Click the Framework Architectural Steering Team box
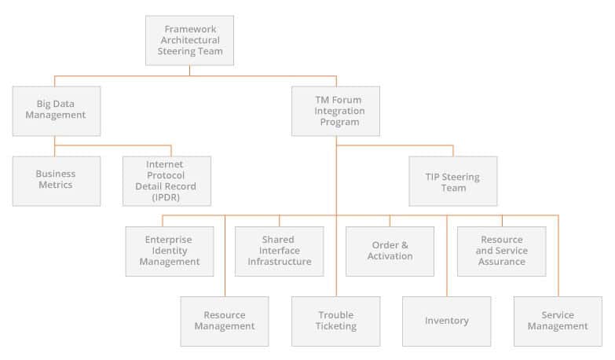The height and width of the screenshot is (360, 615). [x=189, y=40]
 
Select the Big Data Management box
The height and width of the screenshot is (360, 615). [x=57, y=111]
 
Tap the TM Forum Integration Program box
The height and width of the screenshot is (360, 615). [x=335, y=111]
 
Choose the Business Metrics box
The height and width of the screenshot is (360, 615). [x=57, y=181]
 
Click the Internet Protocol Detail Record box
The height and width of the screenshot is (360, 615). [x=167, y=181]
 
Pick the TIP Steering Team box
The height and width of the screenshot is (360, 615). [x=453, y=181]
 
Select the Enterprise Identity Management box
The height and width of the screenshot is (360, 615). [x=170, y=252]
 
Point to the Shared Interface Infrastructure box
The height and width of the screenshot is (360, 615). [x=280, y=252]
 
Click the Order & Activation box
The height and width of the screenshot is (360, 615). [x=390, y=252]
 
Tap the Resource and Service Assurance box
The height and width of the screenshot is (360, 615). [x=502, y=252]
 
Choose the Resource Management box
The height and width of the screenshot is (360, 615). [x=225, y=321]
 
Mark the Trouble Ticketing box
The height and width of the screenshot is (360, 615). [x=335, y=321]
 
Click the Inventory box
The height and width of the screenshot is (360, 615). [x=447, y=321]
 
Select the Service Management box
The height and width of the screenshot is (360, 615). [x=558, y=321]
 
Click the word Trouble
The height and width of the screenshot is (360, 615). [x=336, y=315]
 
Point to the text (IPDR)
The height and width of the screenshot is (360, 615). [x=166, y=197]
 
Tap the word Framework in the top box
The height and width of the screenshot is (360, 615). [x=190, y=29]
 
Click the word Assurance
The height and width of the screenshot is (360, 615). [x=502, y=262]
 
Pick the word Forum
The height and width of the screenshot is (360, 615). [x=347, y=100]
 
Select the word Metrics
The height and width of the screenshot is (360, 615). [x=55, y=185]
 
